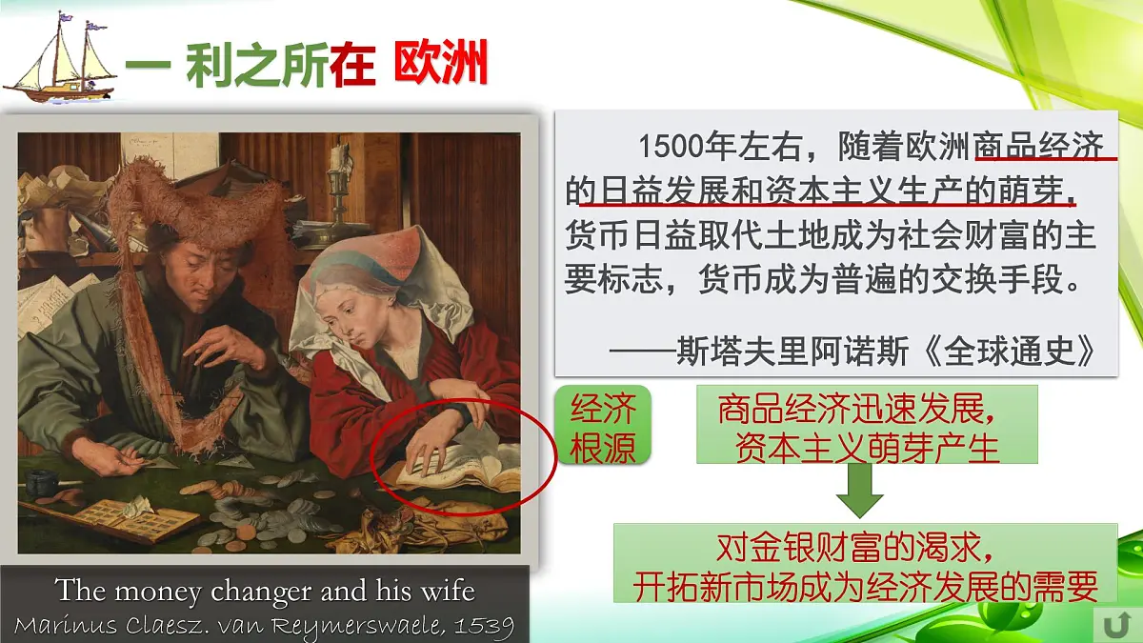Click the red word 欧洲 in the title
pos(440,65)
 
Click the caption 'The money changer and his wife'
pos(265,591)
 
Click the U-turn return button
pos(1114,624)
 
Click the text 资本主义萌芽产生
pos(867,446)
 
